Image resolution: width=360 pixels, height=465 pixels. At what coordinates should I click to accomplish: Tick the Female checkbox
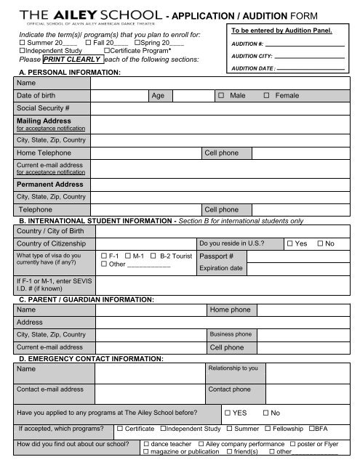point(267,96)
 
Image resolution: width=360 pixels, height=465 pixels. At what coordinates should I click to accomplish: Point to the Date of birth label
point(40,96)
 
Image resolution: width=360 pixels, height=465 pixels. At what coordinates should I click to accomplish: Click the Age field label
point(158,96)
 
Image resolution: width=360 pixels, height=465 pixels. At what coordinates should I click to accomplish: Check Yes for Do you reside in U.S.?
point(291,243)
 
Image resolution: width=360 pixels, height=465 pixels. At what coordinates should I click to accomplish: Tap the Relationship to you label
point(233,368)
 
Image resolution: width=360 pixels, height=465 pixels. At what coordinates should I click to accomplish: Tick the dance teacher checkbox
point(147,443)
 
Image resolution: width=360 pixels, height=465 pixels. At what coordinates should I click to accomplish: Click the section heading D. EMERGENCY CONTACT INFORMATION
point(90,359)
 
